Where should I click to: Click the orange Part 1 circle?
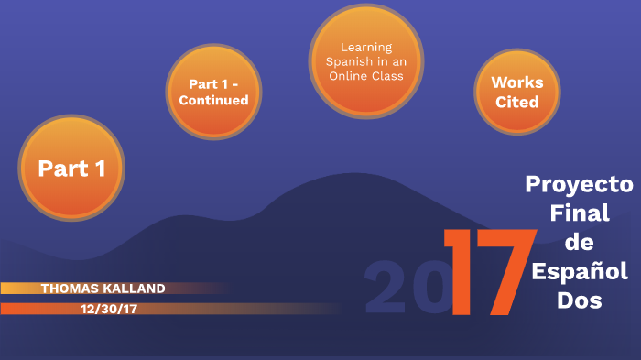click(71, 168)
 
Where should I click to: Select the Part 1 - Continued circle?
click(213, 92)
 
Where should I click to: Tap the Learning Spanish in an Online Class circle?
click(365, 61)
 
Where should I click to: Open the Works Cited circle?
click(517, 92)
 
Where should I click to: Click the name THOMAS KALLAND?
click(103, 289)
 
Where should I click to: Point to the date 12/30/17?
click(108, 309)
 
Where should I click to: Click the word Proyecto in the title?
click(579, 184)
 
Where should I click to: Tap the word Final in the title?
click(578, 213)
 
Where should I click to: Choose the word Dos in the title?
click(579, 300)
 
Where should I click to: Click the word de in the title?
click(579, 242)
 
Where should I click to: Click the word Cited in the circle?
click(517, 102)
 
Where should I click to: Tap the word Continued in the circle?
click(213, 100)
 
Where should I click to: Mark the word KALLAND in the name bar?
click(136, 289)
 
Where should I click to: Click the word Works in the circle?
click(517, 82)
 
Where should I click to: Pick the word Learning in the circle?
click(366, 48)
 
